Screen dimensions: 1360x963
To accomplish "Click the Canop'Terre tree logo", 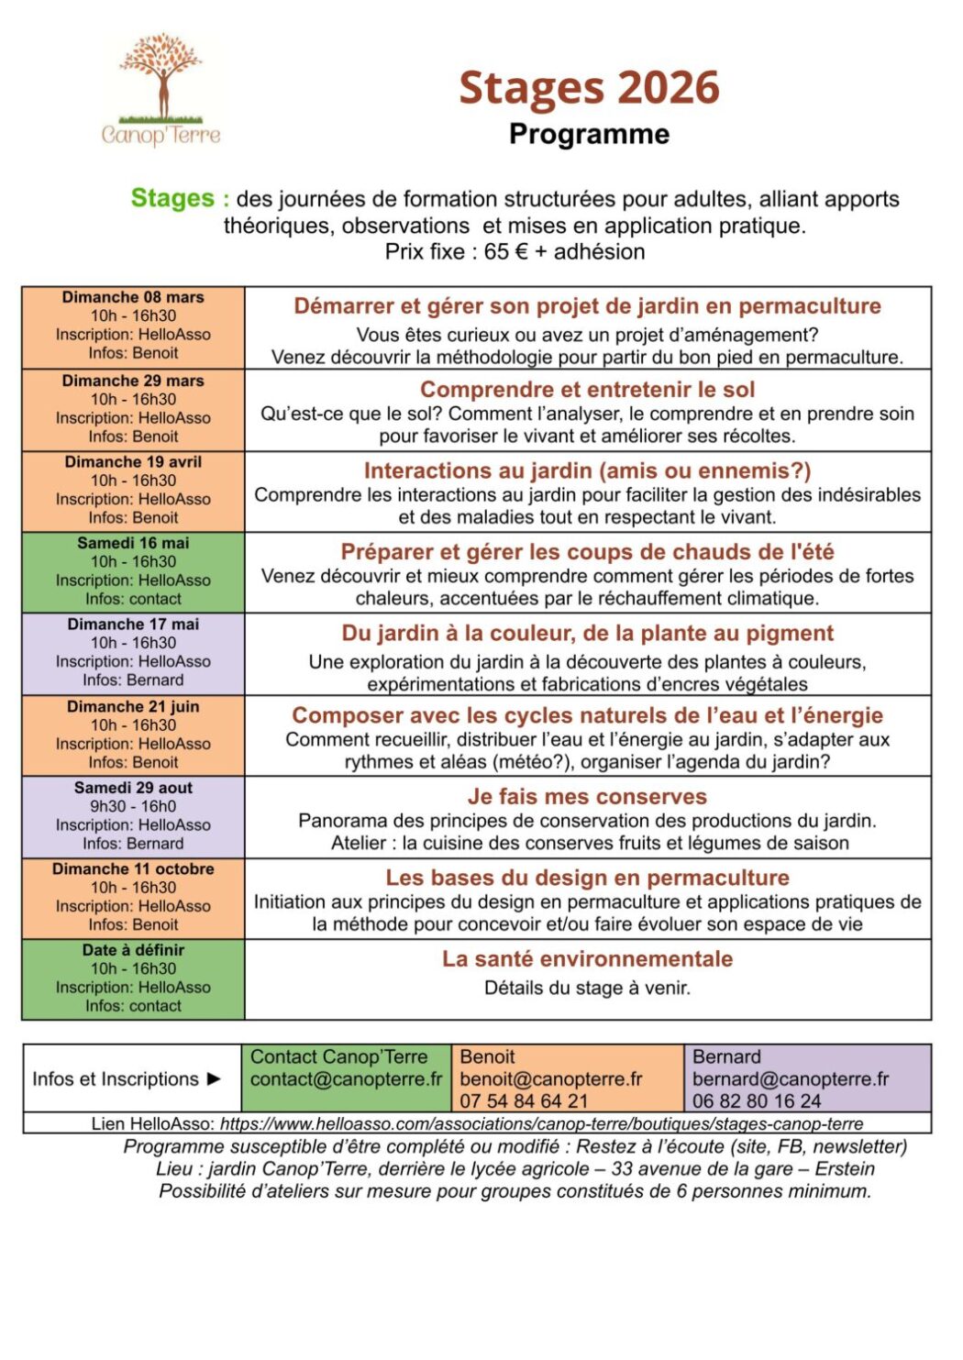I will (x=161, y=89).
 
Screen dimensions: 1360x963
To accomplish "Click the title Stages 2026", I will (x=589, y=88).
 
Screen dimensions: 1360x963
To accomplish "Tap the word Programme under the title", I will (x=589, y=134).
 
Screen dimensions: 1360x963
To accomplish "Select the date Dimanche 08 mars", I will (x=133, y=297).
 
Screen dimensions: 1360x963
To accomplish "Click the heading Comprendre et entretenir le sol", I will (x=587, y=390).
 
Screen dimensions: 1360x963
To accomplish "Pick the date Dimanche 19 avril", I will (x=133, y=462).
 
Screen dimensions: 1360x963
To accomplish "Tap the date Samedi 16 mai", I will (x=133, y=543).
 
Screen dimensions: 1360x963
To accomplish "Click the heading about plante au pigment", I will (x=587, y=634).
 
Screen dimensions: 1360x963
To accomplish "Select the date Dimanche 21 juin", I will (x=133, y=707).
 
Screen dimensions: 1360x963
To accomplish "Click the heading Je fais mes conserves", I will (x=587, y=797).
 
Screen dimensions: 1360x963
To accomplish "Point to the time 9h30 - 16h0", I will (x=133, y=806).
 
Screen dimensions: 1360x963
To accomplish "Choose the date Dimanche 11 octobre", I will (x=133, y=868).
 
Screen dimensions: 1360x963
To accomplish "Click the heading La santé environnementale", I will (x=587, y=959).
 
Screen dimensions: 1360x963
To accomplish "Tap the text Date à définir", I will (x=133, y=950).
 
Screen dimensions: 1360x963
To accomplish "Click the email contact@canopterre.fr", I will (x=346, y=1079).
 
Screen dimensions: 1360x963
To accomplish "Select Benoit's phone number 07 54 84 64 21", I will (x=524, y=1101).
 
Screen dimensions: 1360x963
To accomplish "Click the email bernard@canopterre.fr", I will (x=791, y=1079).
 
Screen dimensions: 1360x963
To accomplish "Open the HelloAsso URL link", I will (x=541, y=1124).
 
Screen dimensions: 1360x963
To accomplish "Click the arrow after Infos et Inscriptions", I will (x=215, y=1079).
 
